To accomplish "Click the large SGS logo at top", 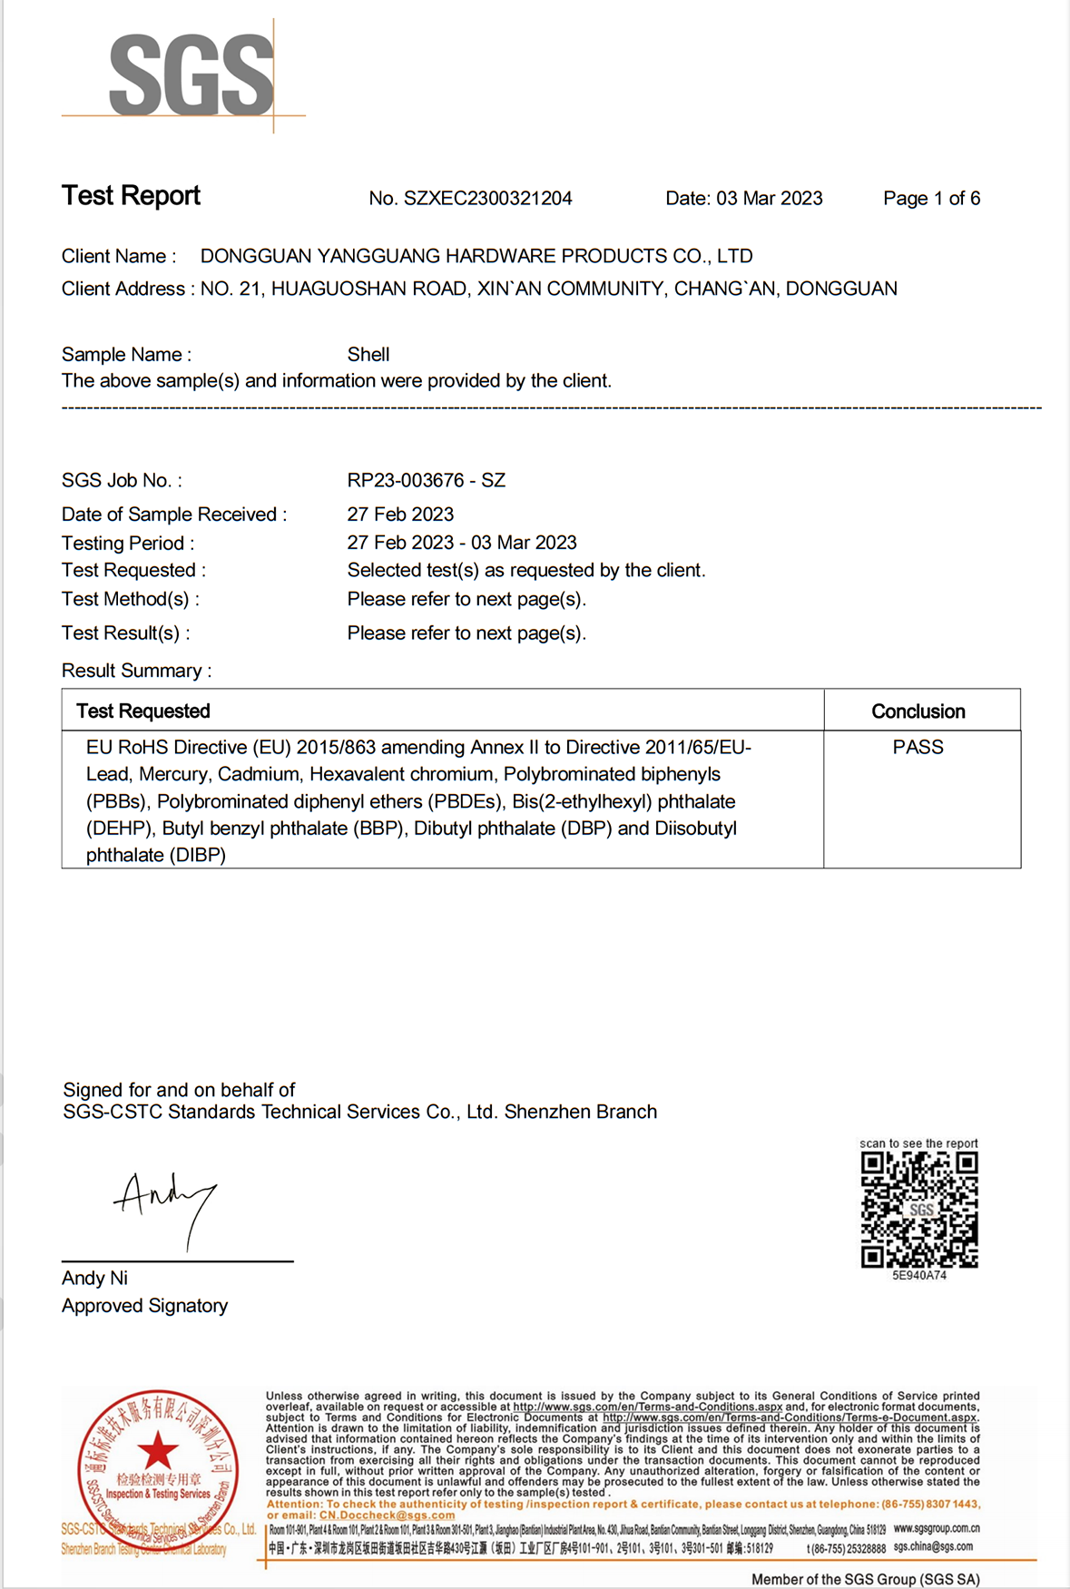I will coord(191,76).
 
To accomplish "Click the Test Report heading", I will coord(131,196).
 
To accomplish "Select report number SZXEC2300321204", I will coord(487,199).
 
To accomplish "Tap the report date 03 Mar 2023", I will coord(769,199).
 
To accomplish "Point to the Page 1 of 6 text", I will coord(931,199).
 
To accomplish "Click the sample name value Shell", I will coord(368,355).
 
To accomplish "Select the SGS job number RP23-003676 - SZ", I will coord(426,480).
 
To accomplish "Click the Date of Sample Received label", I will coord(173,515).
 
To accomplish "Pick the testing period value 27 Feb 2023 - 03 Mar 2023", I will coord(461,543).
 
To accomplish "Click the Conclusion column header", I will coord(918,711).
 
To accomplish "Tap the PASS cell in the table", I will coord(918,747).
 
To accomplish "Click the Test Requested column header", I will coord(143,711).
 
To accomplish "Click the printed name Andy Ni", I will coord(94,1278).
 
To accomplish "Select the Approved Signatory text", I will coord(144,1306).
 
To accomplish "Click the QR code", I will coord(918,1209).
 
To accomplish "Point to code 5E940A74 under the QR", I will coord(918,1275).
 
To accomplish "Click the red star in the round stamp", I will coord(158,1450).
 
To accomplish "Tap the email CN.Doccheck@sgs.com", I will coord(387,1515).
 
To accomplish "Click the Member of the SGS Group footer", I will coord(865,1579).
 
